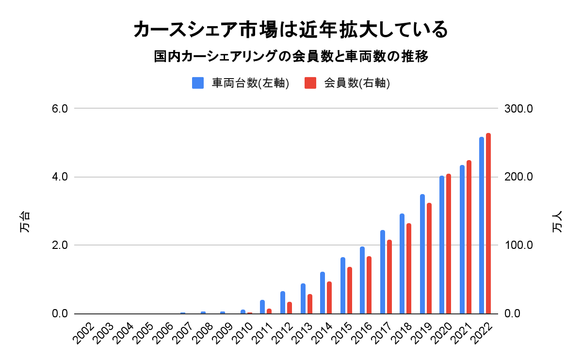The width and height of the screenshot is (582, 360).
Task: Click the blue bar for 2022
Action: pos(482,226)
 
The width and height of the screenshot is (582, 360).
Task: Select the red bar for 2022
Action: pos(488,224)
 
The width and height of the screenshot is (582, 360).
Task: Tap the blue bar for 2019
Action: pos(422,254)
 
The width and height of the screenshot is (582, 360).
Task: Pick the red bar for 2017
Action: pos(389,277)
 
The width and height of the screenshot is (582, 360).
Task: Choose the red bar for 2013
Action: pos(310,304)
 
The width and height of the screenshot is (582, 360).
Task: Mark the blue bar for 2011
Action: pos(262,307)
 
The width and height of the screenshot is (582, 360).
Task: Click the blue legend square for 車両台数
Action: pos(198,83)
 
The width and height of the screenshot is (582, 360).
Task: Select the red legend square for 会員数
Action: pos(310,83)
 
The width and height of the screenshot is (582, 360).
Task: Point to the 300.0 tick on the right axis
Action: pos(519,109)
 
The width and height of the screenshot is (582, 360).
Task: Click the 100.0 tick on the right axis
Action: pos(519,245)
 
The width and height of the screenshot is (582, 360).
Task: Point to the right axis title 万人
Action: pos(558,222)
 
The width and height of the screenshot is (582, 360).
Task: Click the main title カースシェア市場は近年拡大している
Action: pos(291,30)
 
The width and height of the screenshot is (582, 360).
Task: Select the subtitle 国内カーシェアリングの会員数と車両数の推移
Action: pos(291,57)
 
